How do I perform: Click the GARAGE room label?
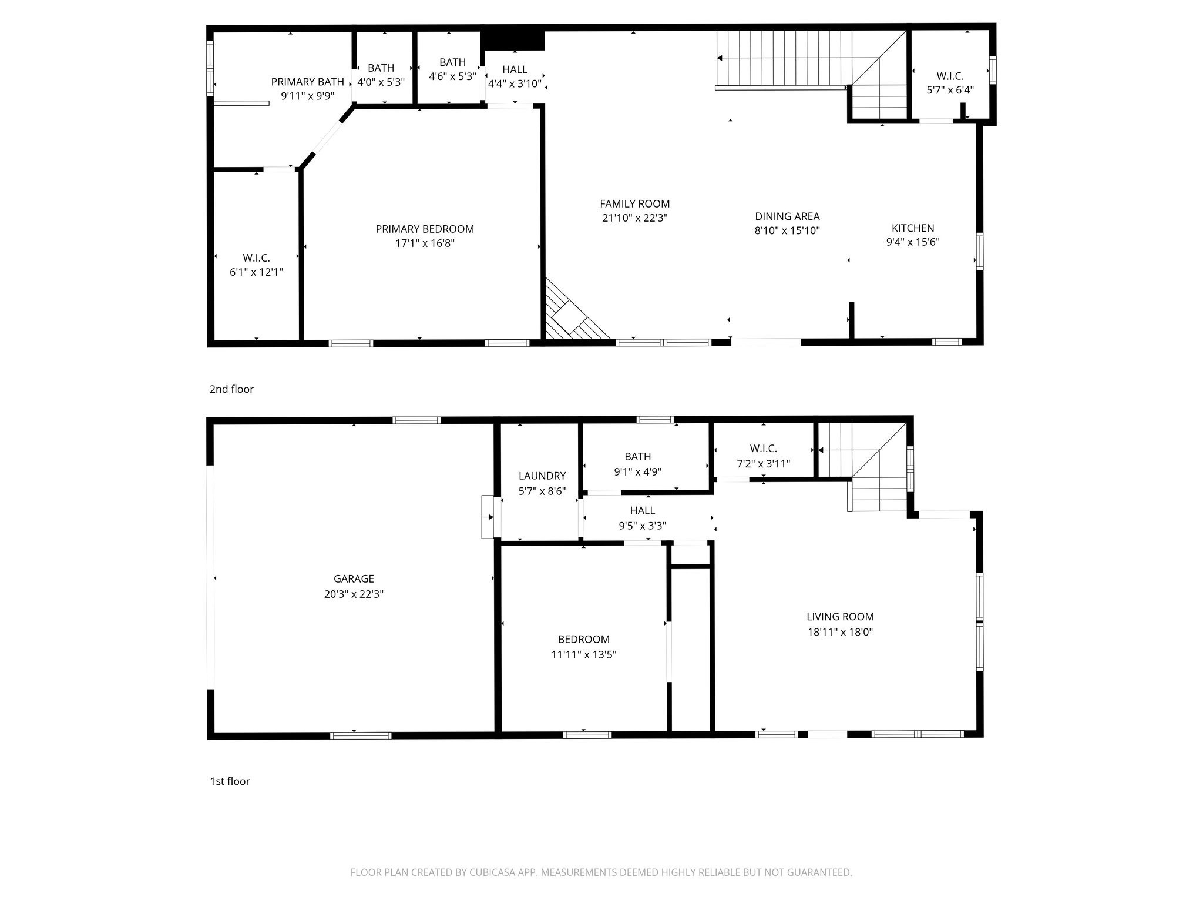[354, 578]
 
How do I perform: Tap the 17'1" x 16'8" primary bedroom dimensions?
[425, 243]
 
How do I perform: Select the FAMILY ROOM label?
[634, 203]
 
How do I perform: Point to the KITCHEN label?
[912, 228]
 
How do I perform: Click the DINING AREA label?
[787, 216]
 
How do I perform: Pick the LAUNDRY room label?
[542, 476]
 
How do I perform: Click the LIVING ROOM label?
[839, 617]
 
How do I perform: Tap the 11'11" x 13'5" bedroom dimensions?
[583, 654]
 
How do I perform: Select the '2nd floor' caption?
[231, 389]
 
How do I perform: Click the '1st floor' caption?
[230, 781]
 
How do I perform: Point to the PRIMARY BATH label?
[307, 82]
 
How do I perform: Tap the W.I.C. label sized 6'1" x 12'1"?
[256, 257]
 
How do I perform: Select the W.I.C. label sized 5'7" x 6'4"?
[950, 76]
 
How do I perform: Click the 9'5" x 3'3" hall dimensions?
[642, 526]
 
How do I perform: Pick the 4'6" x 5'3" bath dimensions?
[452, 76]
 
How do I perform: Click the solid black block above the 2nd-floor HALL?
[513, 41]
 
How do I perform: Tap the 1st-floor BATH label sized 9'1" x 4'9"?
[637, 456]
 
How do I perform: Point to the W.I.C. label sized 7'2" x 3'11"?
[763, 449]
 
